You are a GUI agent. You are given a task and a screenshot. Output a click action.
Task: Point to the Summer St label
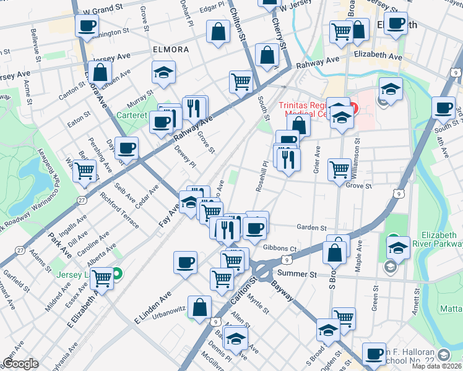[x=297, y=273]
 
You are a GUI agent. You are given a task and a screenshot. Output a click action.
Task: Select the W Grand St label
[x=100, y=11]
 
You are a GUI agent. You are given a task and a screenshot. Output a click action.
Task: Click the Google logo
[x=20, y=364]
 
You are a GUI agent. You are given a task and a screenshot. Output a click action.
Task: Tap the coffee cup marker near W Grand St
[x=87, y=26]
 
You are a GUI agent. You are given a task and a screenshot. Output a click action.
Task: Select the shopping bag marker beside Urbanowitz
[x=200, y=307]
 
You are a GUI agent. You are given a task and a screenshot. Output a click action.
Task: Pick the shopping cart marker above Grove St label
[x=339, y=168]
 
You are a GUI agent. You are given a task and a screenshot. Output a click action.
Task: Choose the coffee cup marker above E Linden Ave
[x=185, y=262]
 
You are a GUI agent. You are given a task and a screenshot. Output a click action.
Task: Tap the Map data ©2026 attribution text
[x=436, y=366]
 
